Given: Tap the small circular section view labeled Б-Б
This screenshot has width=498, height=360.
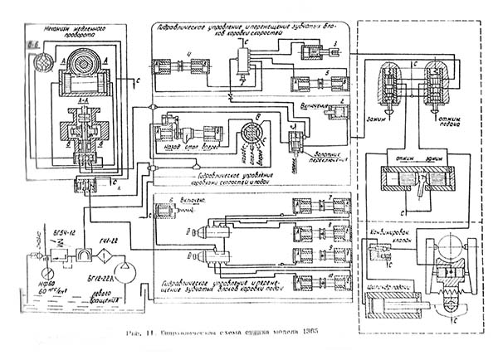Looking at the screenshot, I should (x=37, y=61).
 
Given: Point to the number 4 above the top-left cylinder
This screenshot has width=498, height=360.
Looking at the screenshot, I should (x=189, y=56).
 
